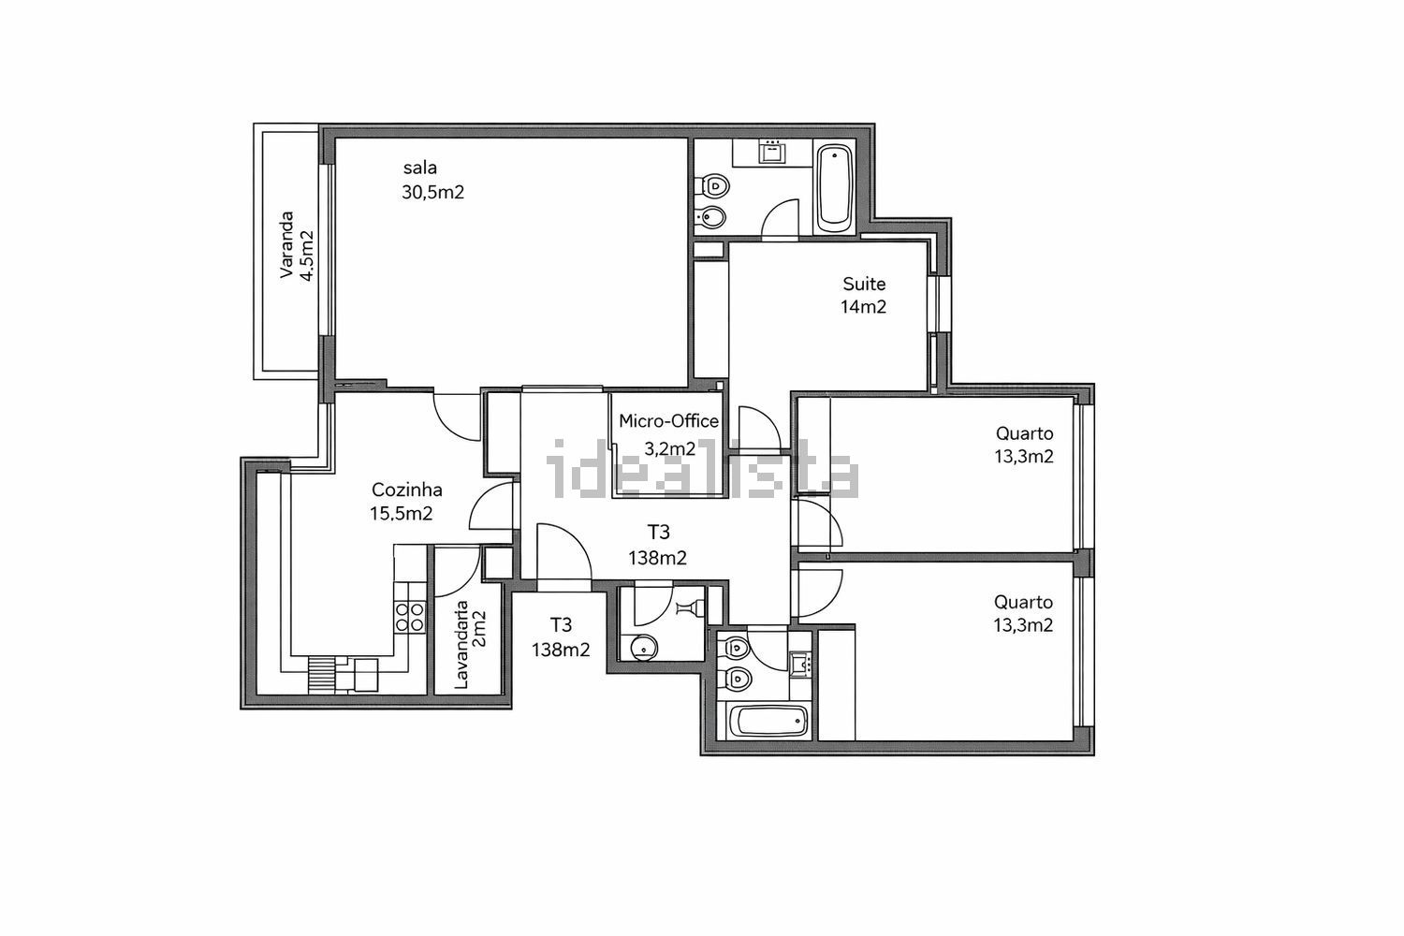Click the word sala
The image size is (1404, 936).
(x=420, y=168)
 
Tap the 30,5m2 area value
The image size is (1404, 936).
(x=433, y=193)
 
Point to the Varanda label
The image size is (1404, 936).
(x=286, y=244)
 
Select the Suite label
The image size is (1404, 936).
(x=864, y=284)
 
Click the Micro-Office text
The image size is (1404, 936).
(x=669, y=420)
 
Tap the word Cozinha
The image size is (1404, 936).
(x=407, y=490)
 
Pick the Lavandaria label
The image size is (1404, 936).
(x=461, y=645)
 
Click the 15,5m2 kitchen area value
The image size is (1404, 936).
(x=402, y=514)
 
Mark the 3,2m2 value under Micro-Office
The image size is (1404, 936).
(x=670, y=449)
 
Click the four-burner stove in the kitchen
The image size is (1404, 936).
(x=410, y=616)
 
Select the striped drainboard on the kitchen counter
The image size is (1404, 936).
(x=322, y=675)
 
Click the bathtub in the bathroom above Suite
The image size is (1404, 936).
(x=834, y=186)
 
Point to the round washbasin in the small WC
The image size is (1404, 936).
(x=641, y=647)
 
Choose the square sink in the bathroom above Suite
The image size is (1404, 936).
(x=772, y=153)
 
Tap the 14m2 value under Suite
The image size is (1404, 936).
(x=864, y=307)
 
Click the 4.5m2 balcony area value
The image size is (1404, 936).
(x=306, y=256)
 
